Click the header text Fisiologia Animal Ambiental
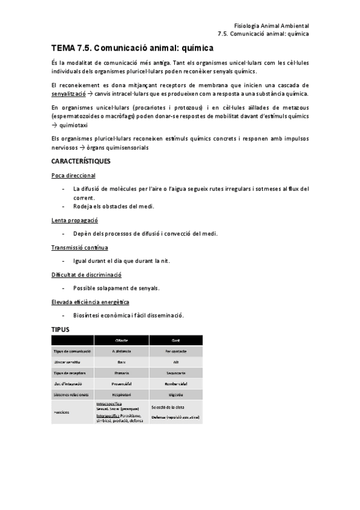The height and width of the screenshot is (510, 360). point(271,26)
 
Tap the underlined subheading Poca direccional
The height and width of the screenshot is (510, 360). point(73,175)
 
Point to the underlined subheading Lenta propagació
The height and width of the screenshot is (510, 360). point(75,220)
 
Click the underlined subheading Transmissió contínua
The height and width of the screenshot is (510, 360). point(80,247)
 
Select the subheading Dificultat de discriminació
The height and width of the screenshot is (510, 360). point(87,274)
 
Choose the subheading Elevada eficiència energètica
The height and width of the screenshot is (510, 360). point(90,301)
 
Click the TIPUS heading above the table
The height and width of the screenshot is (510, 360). point(61,329)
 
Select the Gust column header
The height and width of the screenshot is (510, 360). point(175,340)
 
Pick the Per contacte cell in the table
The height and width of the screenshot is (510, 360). point(175,351)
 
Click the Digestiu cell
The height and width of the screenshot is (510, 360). point(175,394)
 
